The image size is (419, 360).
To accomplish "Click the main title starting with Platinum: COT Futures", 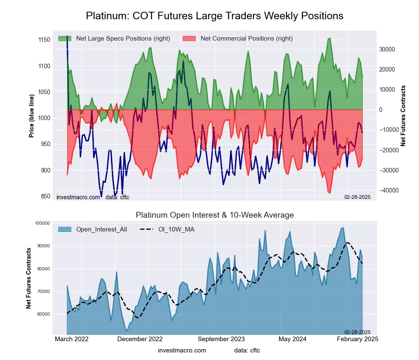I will (x=215, y=16).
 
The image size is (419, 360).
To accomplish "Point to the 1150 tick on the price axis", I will (x=43, y=40).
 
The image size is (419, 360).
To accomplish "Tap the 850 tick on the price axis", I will (x=45, y=196).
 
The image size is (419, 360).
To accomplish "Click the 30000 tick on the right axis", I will (x=388, y=49).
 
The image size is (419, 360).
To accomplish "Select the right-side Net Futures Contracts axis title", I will (x=403, y=116).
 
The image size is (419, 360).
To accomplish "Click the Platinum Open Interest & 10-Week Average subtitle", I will (x=215, y=215).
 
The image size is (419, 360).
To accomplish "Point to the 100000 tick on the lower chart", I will (x=41, y=223).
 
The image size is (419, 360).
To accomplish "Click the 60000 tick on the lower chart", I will (x=42, y=314).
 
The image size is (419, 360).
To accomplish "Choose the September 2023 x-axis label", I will (x=221, y=339).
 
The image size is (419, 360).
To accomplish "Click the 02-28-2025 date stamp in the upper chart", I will (x=357, y=197).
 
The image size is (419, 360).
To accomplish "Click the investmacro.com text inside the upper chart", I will (x=78, y=197).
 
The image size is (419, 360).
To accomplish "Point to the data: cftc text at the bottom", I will (x=247, y=350).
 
